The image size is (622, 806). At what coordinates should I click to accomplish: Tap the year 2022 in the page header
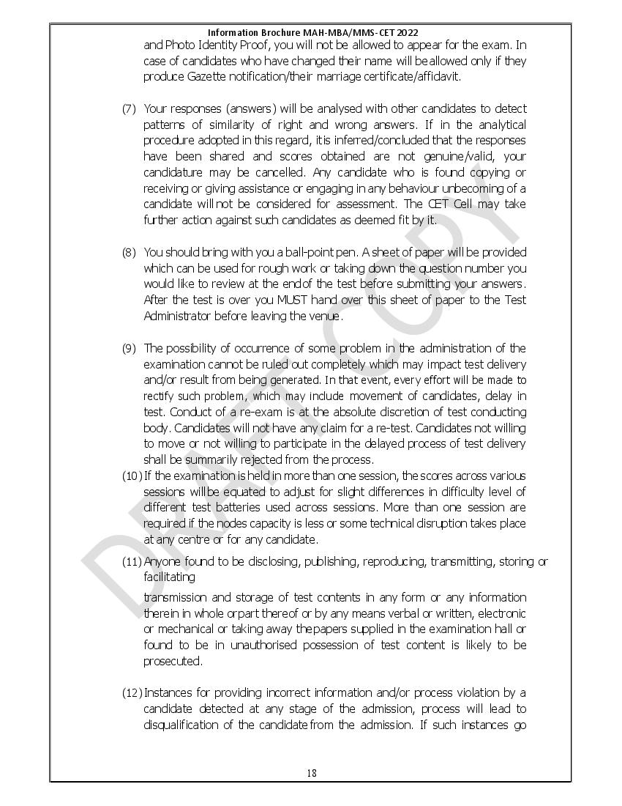pos(407,32)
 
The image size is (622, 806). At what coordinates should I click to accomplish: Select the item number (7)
pos(129,109)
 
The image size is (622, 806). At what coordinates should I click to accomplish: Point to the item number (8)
pos(129,252)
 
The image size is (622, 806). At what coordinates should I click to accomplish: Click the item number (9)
pos(129,348)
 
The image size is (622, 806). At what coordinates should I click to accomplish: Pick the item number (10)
pos(132,476)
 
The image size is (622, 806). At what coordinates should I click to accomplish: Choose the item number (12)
pos(132,692)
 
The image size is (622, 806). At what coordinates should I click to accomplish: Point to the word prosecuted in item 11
pos(172,661)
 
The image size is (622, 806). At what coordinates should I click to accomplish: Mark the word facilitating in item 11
pos(169,577)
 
